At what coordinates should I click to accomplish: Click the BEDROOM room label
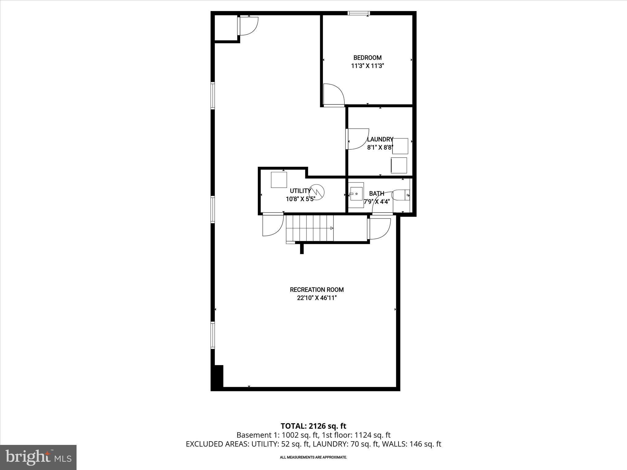(x=367, y=58)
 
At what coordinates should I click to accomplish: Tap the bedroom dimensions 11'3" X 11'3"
(x=367, y=66)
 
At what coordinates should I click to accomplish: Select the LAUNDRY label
(x=380, y=140)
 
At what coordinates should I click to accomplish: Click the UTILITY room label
(x=300, y=191)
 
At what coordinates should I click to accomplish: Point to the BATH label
(x=377, y=193)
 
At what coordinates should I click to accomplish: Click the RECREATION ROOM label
(x=317, y=289)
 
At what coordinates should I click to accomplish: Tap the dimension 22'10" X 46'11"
(x=317, y=298)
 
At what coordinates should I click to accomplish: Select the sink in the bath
(x=356, y=194)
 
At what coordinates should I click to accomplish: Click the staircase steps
(x=309, y=228)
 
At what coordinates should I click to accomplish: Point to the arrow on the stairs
(x=331, y=228)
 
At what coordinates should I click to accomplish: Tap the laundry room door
(x=358, y=139)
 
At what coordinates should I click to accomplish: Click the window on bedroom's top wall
(x=359, y=13)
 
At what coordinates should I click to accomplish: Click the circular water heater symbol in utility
(x=317, y=192)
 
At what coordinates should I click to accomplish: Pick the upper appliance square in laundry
(x=400, y=146)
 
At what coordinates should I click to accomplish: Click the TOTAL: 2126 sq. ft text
(x=313, y=426)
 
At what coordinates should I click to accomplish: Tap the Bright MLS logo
(x=38, y=457)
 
